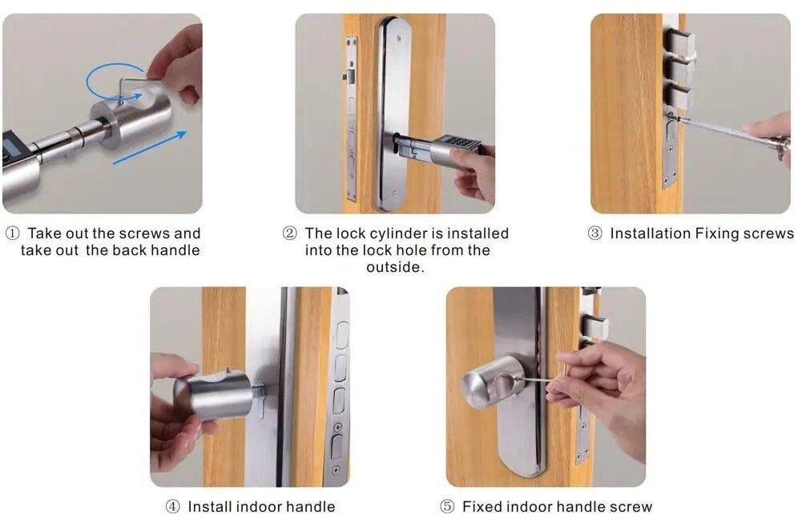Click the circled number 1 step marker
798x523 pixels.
click(x=12, y=233)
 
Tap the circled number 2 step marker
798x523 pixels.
click(x=289, y=233)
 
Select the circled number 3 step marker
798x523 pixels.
click(x=595, y=233)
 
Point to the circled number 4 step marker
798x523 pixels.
click(x=173, y=507)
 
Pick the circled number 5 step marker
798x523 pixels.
click(x=447, y=507)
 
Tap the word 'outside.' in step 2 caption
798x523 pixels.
click(x=395, y=267)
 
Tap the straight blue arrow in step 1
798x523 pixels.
click(x=150, y=148)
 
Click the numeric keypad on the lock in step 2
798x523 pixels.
click(x=461, y=144)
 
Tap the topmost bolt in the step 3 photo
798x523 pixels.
click(x=680, y=42)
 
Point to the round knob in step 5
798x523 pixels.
click(x=493, y=383)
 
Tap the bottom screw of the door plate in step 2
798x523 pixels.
click(x=396, y=193)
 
